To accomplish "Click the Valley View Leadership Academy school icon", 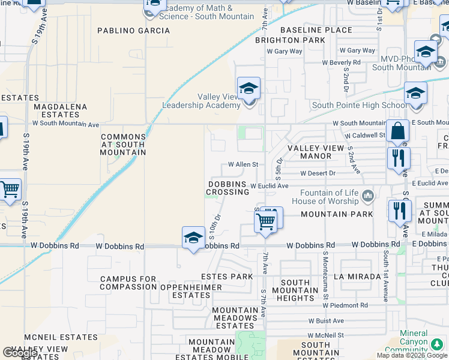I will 249,89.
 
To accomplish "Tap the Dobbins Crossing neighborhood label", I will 228,188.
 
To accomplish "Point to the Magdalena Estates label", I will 60,110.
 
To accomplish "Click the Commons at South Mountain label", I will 123,145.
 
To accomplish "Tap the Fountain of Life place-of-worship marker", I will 368,196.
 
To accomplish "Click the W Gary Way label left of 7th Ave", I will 288,52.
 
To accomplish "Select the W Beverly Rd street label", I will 341,62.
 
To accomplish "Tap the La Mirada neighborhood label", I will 357,277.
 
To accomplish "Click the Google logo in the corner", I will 20,353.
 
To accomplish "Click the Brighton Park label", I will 290,40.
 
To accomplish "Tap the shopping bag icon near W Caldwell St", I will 397,130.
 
